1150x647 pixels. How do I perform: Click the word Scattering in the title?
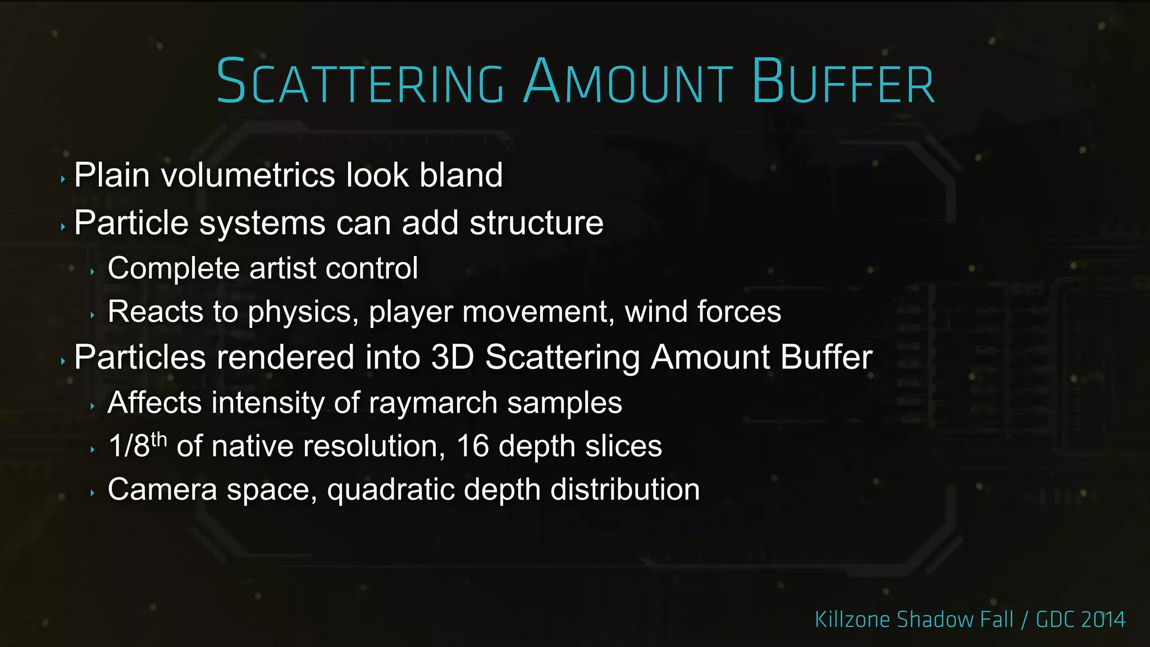pyautogui.click(x=360, y=82)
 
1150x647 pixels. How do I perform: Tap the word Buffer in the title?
pyautogui.click(x=843, y=82)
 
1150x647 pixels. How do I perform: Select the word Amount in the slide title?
pyautogui.click(x=628, y=82)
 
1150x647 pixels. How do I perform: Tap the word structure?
pyautogui.click(x=536, y=223)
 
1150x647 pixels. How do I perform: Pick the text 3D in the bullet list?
pyautogui.click(x=453, y=357)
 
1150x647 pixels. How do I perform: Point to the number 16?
pyautogui.click(x=473, y=446)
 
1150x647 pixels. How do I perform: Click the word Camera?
pyautogui.click(x=162, y=490)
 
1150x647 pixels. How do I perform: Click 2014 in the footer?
pyautogui.click(x=1103, y=620)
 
